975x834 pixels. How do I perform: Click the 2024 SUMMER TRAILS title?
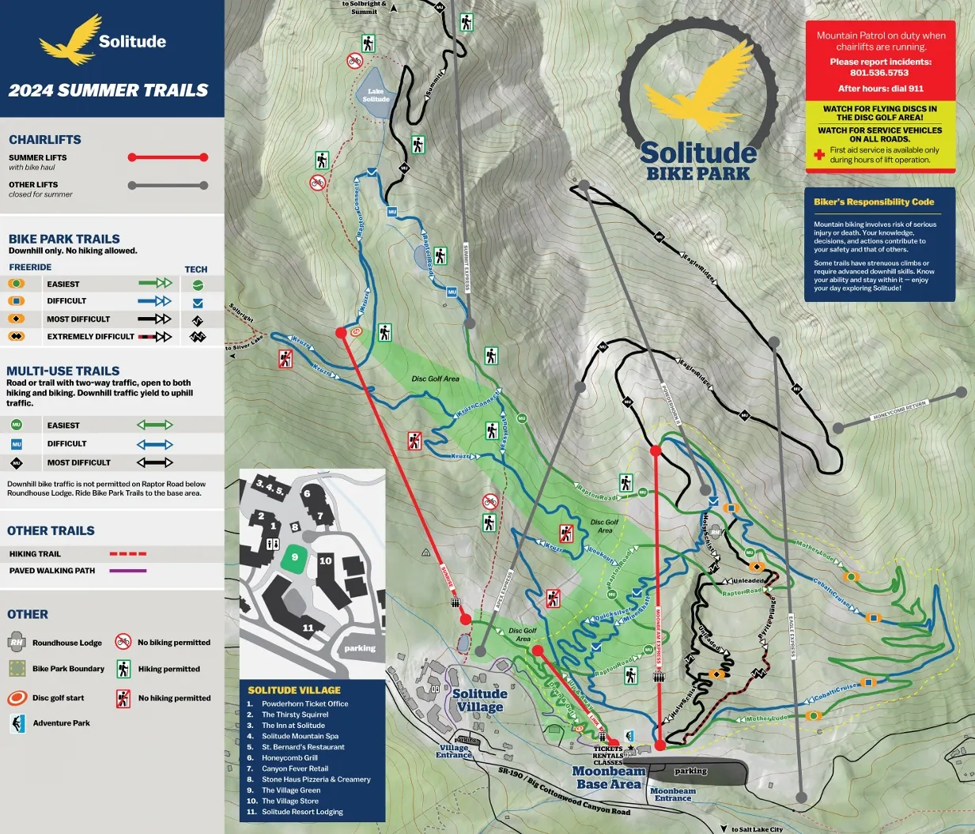[108, 90]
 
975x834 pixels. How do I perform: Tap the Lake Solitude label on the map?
[376, 96]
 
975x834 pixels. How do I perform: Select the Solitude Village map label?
[480, 700]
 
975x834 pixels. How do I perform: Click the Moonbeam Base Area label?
[608, 777]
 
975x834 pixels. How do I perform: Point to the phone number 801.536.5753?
[880, 73]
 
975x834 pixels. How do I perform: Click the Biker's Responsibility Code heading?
[874, 202]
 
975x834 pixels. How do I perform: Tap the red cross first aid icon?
[819, 155]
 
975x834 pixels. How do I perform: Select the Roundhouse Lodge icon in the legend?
[17, 641]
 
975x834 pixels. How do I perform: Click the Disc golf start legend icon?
[17, 698]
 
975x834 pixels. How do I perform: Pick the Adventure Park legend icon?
[17, 723]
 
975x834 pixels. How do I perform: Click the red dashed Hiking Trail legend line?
[127, 554]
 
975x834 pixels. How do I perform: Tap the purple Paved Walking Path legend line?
[127, 571]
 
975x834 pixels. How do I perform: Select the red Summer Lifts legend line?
[168, 157]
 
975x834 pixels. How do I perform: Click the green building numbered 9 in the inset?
[294, 557]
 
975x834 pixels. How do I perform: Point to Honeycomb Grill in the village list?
[289, 757]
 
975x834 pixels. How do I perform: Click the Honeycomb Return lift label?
[899, 410]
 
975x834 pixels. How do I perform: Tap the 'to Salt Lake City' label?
[756, 829]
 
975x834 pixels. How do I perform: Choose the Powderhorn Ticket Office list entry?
[304, 704]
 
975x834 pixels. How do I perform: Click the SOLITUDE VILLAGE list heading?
[294, 690]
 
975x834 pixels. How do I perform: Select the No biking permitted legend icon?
[123, 641]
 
